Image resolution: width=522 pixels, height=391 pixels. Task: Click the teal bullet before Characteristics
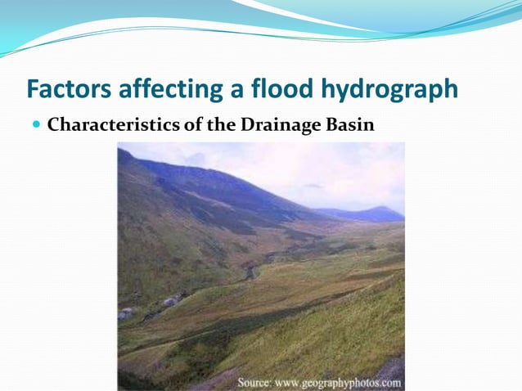(x=36, y=126)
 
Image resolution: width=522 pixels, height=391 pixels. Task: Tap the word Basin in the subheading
(x=353, y=126)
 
